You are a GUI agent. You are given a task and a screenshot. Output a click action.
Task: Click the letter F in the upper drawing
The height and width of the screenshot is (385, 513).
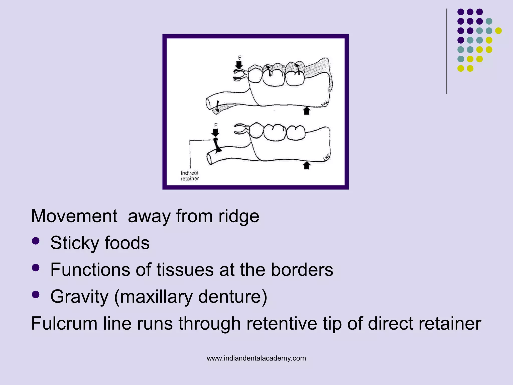click(239, 58)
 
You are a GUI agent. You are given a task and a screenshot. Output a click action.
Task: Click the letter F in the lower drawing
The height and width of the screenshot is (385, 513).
click(216, 125)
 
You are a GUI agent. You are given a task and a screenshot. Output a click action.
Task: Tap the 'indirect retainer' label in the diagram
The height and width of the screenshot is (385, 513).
click(190, 176)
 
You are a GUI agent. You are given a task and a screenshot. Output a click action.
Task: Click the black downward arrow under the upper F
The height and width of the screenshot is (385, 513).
click(239, 65)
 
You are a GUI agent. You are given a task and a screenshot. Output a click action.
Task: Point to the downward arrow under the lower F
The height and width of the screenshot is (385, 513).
click(215, 132)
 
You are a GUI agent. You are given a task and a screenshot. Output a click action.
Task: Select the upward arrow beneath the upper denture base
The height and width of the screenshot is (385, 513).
click(307, 111)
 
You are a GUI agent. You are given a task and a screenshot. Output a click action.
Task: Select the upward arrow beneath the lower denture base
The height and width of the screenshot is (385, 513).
click(307, 165)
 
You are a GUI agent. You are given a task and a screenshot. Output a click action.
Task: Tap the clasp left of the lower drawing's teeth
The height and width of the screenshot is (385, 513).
click(241, 129)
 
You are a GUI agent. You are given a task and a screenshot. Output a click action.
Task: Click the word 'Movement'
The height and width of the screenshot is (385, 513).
click(74, 216)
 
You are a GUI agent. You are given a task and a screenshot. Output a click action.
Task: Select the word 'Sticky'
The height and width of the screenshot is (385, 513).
click(75, 243)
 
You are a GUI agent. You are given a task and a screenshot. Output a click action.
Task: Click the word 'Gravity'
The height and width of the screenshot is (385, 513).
click(79, 297)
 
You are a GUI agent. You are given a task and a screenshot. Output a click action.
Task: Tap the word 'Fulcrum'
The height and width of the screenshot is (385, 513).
click(64, 323)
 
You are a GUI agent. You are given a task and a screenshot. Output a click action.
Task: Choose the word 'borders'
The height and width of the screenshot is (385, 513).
click(302, 270)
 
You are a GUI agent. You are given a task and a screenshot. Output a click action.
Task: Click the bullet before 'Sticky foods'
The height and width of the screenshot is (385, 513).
click(36, 241)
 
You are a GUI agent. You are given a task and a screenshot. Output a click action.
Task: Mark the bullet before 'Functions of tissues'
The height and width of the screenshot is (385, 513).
click(36, 268)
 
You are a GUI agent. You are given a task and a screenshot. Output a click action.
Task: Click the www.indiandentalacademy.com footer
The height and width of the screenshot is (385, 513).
click(256, 358)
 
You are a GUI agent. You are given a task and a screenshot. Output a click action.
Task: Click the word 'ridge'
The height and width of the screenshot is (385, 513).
click(238, 216)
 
